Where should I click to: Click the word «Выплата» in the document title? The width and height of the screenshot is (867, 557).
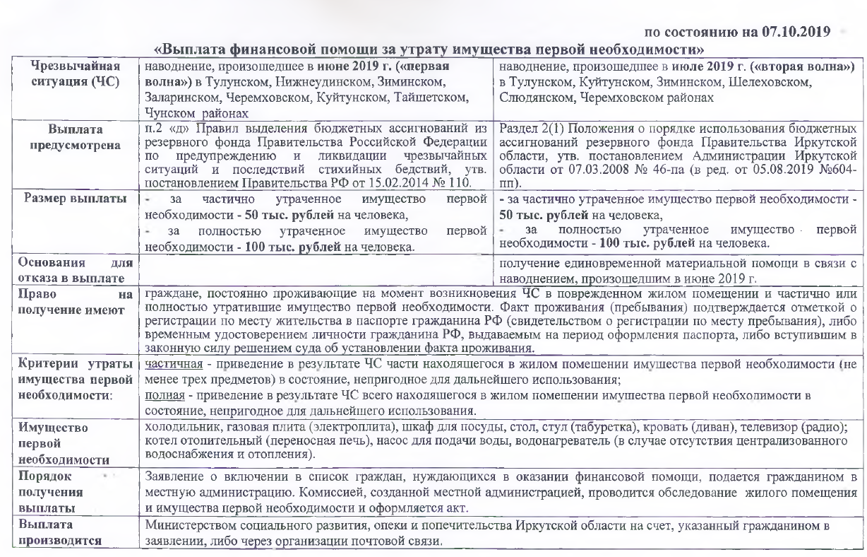click(x=191, y=50)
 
